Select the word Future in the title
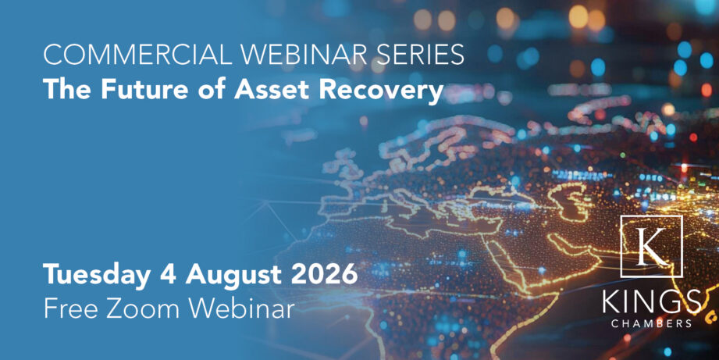pyautogui.click(x=144, y=89)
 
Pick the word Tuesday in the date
pyautogui.click(x=98, y=275)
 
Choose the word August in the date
pyautogui.click(x=234, y=275)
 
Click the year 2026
pyautogui.click(x=325, y=274)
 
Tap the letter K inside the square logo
pyautogui.click(x=652, y=247)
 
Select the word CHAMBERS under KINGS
pyautogui.click(x=652, y=324)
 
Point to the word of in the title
pyautogui.click(x=212, y=89)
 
